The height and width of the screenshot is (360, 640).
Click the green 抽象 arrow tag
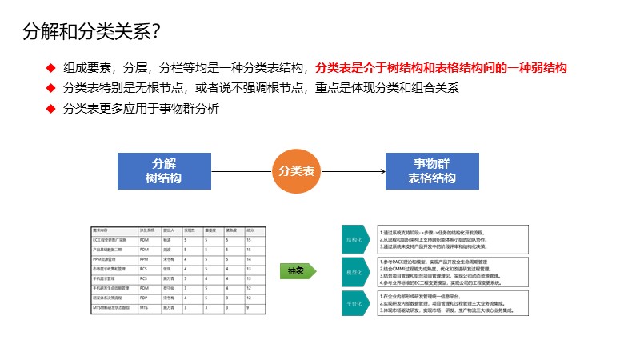click(295, 271)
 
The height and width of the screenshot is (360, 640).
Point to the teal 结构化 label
click(354, 239)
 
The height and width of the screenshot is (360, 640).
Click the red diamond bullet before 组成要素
click(50, 69)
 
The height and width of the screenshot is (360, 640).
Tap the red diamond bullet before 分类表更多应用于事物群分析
click(50, 108)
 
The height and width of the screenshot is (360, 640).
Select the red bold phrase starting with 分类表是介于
click(441, 69)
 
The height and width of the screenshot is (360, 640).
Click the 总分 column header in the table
click(250, 230)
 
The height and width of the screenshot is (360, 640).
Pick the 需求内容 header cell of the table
click(105, 230)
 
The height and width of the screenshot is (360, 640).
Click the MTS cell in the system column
click(144, 307)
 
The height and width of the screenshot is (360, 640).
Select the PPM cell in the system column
click(144, 259)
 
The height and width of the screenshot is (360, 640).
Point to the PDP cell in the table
click(144, 298)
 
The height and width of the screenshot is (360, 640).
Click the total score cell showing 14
click(250, 259)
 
